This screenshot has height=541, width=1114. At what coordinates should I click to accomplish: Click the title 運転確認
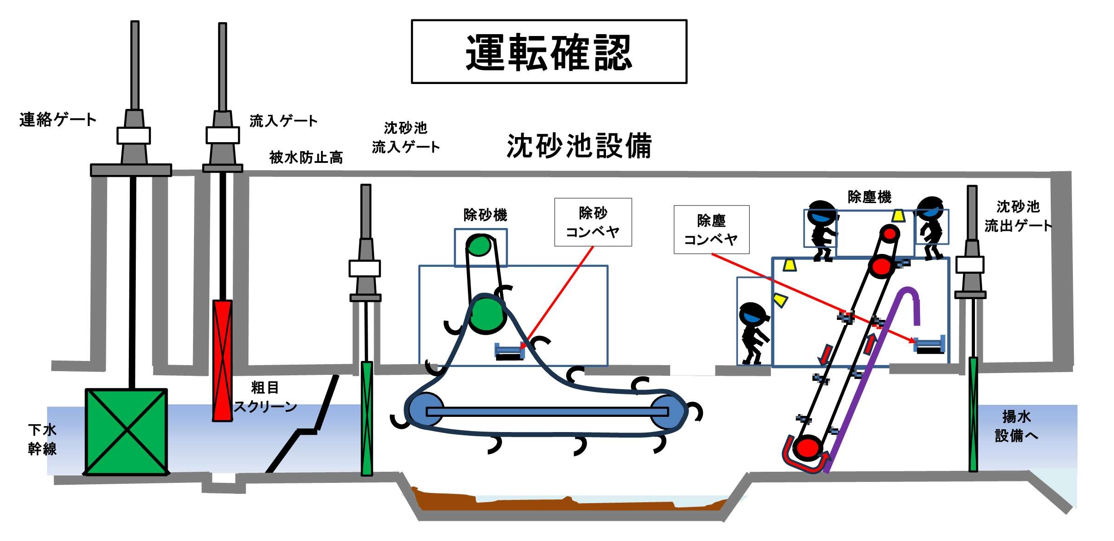tap(549, 52)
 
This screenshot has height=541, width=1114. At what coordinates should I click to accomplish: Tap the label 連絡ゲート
tap(58, 120)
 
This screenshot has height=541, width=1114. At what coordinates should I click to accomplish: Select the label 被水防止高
tap(306, 157)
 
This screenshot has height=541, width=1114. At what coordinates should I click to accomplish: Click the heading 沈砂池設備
tap(579, 146)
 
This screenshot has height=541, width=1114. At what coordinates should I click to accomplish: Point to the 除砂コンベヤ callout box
tap(593, 222)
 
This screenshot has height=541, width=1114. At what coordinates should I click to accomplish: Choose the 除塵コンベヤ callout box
tap(711, 229)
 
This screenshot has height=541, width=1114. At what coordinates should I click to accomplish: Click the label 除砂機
tap(485, 215)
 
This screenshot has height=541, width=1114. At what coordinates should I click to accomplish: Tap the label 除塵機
tap(869, 197)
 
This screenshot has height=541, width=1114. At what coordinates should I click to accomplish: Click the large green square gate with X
tap(126, 432)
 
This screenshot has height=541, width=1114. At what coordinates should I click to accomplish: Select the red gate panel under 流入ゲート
tap(222, 360)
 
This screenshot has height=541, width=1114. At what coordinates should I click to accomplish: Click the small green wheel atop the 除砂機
tap(478, 245)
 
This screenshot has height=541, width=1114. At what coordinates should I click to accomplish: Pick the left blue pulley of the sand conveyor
tap(424, 410)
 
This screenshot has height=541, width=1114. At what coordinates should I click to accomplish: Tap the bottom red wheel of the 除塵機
tap(807, 448)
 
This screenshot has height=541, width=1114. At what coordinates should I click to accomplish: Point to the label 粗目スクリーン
tap(265, 397)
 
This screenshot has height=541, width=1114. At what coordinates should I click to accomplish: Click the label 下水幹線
tap(42, 439)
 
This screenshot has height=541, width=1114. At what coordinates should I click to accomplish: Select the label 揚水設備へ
tap(1016, 426)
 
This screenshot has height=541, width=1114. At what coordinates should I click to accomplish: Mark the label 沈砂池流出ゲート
tap(1017, 216)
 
